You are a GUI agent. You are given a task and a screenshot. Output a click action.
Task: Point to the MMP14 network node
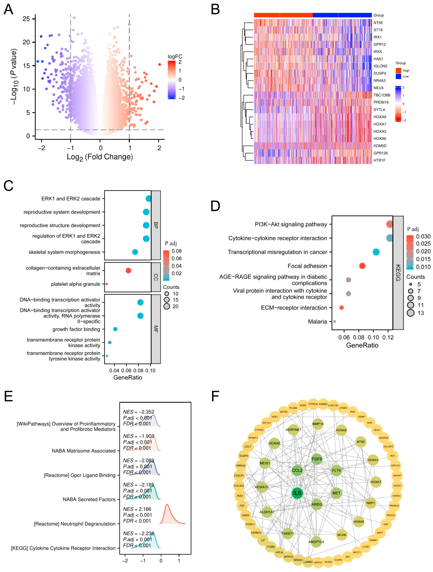click(318, 424)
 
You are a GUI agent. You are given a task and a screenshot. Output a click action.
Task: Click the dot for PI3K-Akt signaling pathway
click(390, 224)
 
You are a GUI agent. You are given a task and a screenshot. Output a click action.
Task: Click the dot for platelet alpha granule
click(106, 284)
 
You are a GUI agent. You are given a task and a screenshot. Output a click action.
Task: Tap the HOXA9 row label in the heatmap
click(380, 117)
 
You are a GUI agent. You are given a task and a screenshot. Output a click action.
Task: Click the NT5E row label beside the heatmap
click(378, 23)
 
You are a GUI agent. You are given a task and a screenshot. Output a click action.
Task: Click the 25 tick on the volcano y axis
click(26, 19)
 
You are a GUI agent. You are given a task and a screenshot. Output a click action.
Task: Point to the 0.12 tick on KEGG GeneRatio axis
click(388, 337)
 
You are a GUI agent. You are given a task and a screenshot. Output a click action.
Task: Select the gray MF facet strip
click(156, 329)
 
